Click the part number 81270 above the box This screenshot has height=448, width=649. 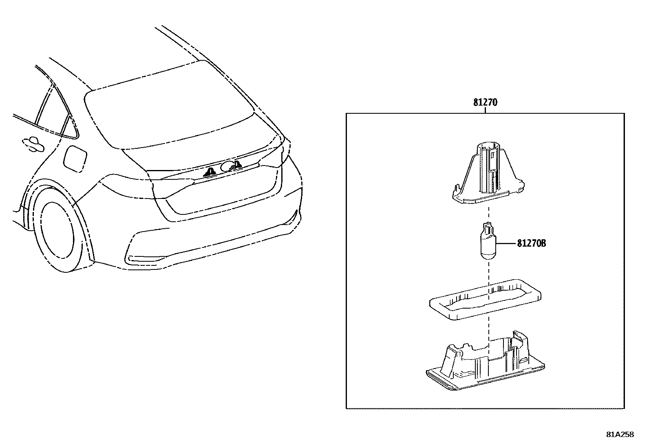(x=485, y=102)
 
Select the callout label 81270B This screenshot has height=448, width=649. (x=531, y=243)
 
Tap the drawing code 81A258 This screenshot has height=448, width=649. (x=620, y=435)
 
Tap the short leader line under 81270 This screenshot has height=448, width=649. (x=485, y=110)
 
